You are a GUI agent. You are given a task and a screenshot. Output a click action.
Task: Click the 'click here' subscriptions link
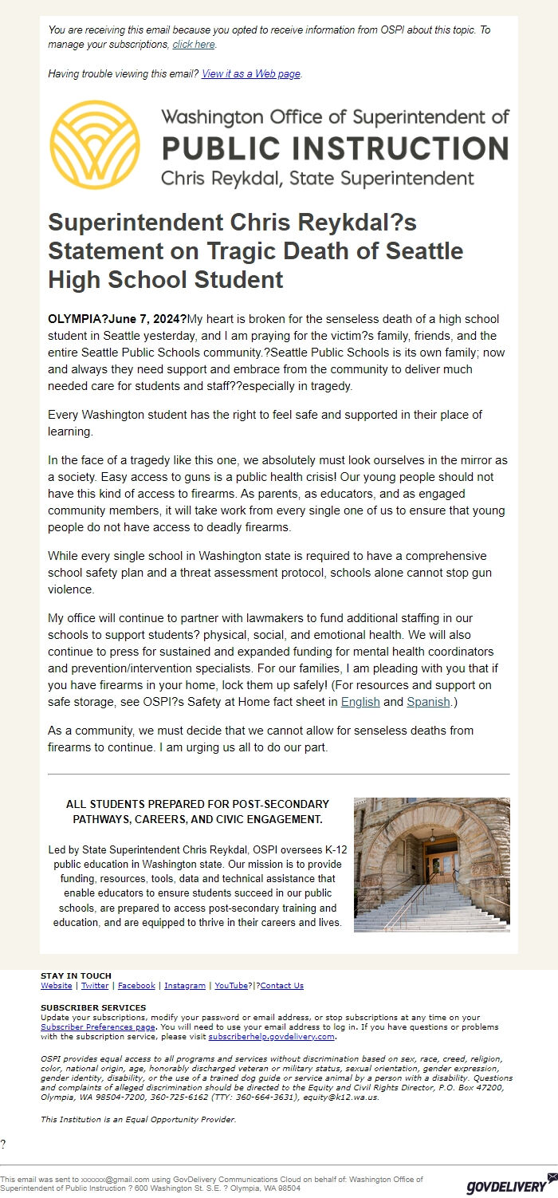[x=194, y=45]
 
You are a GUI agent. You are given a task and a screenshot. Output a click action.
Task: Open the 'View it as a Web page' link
[x=251, y=74]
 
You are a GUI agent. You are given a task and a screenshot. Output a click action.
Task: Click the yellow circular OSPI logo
[x=95, y=145]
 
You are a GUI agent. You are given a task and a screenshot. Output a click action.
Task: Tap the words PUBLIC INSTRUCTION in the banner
[x=335, y=149]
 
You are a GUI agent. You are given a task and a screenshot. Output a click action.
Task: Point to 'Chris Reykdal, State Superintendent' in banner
[x=317, y=178]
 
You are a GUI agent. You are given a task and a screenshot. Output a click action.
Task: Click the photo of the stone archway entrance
[x=431, y=865]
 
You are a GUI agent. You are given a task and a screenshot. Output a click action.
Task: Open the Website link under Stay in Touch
[x=56, y=986]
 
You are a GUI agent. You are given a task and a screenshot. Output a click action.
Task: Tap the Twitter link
[x=95, y=986]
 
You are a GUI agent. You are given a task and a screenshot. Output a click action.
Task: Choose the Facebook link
[x=136, y=986]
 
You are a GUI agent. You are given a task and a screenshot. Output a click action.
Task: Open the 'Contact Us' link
[x=282, y=986]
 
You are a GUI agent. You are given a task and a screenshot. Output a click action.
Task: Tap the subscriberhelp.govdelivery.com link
[x=271, y=1037]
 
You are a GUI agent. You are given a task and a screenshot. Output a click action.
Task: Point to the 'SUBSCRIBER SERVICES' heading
[x=93, y=1008]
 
